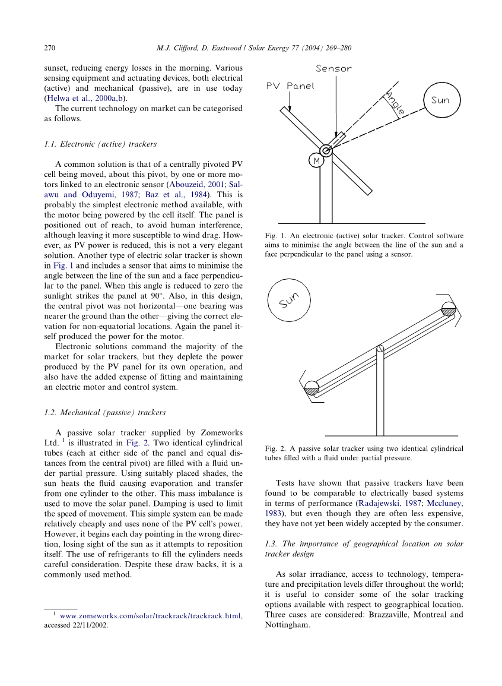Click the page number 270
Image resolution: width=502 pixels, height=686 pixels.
(x=49, y=47)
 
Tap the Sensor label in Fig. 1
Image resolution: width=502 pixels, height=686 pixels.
(x=333, y=69)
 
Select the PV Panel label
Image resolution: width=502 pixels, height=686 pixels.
(x=290, y=86)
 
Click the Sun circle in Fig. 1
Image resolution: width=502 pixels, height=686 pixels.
(x=440, y=100)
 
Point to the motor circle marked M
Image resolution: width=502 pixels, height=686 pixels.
(x=316, y=161)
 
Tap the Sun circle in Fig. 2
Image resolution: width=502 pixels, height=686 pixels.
(x=288, y=298)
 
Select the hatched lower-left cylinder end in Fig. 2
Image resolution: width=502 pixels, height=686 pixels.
(x=312, y=390)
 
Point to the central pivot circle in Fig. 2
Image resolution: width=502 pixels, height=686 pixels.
(x=380, y=348)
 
